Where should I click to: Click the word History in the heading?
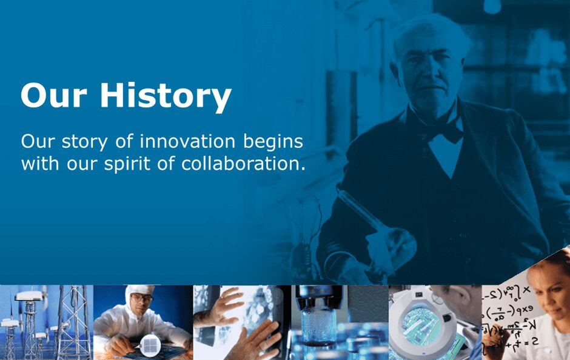(166, 96)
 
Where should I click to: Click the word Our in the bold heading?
(54, 95)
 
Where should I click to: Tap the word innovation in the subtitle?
(187, 141)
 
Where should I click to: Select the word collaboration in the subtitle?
(243, 164)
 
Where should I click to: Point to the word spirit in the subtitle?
(127, 164)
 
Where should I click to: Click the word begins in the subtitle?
(273, 142)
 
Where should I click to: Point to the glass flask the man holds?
(381, 225)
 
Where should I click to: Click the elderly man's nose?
(430, 75)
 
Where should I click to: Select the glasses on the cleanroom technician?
(142, 298)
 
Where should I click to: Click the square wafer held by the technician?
(150, 345)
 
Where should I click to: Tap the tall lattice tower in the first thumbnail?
(74, 322)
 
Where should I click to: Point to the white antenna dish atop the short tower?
(29, 296)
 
